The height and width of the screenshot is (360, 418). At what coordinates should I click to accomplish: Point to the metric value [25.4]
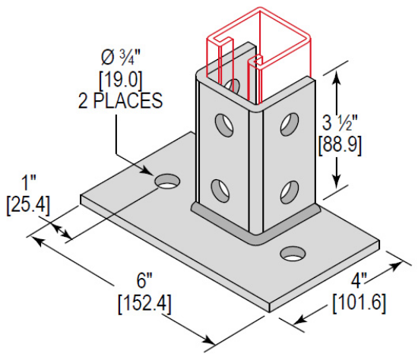pos(28,204)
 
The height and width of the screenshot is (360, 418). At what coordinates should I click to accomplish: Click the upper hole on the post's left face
pos(222,122)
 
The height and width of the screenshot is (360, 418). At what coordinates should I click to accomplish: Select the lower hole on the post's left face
pos(220,188)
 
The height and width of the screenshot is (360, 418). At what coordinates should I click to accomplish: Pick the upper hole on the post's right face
pos(289,121)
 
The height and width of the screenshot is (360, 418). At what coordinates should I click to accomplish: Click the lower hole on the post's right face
pos(289,188)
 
